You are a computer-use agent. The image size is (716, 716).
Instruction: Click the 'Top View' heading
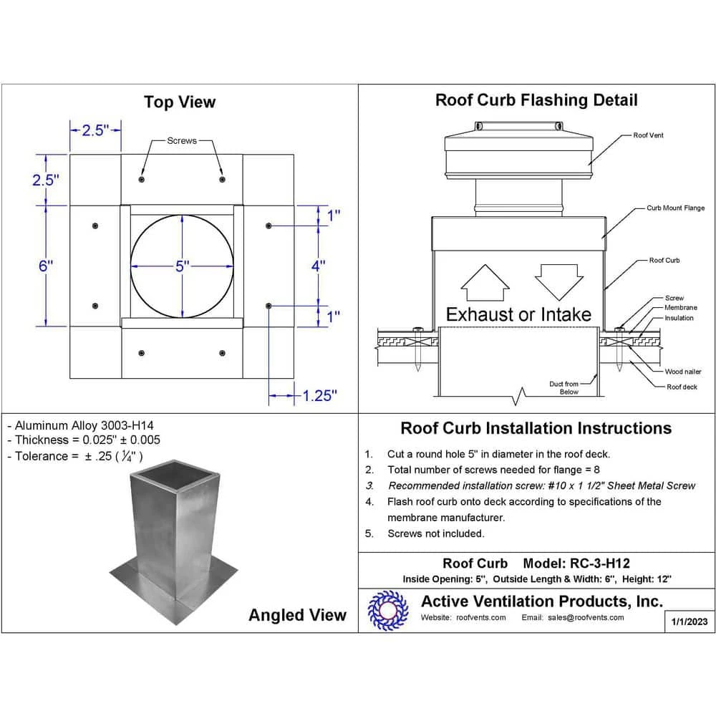179,102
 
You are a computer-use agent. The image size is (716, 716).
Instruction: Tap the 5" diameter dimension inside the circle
182,266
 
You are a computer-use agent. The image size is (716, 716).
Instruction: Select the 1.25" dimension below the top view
319,395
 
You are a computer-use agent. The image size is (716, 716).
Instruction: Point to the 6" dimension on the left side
46,266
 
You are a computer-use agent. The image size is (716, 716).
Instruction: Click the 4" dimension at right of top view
319,266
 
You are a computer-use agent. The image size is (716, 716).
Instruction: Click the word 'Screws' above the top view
182,141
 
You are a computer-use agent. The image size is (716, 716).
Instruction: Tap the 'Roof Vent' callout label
648,135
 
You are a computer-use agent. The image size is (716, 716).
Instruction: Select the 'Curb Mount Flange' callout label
675,208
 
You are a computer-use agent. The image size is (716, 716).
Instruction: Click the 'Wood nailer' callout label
683,372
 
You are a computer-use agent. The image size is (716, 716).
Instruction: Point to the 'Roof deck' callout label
681,387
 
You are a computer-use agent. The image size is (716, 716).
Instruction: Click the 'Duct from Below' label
563,388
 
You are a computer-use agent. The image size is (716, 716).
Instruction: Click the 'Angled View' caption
297,614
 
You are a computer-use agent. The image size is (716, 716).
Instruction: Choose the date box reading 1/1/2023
690,621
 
